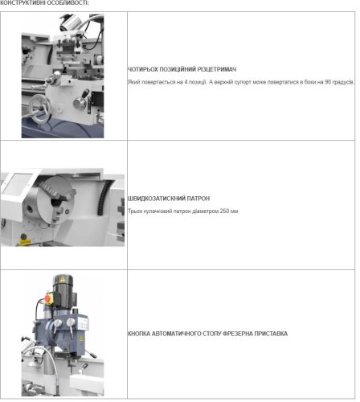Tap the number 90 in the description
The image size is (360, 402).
pos(328,82)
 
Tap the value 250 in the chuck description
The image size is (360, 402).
pos(224,211)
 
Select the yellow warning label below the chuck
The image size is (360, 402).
pos(25,242)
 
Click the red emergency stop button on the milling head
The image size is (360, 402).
pos(48,297)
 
